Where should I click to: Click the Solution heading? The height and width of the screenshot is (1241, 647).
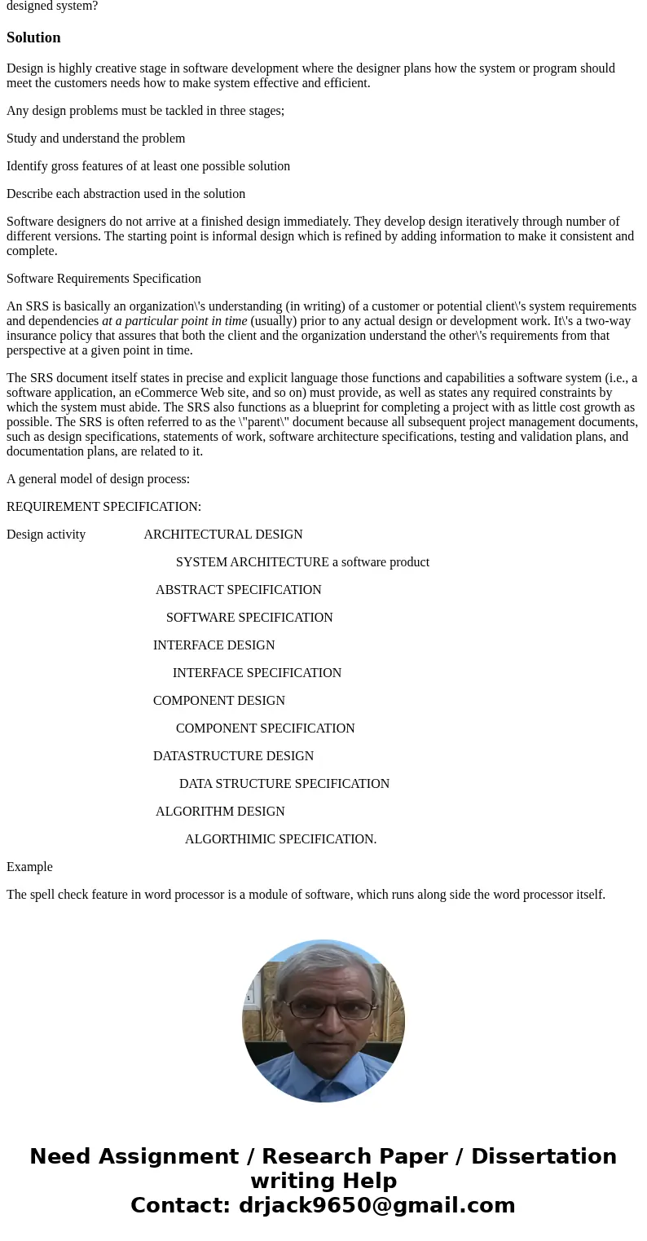pos(33,37)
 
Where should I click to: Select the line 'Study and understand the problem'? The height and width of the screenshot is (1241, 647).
pos(95,139)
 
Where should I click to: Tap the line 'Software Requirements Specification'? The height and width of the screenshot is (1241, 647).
pos(103,279)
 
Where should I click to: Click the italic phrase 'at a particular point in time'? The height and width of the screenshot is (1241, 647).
pos(174,321)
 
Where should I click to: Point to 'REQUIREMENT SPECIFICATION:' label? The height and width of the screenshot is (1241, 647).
pos(103,507)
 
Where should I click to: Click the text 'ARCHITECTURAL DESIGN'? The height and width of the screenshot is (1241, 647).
pos(222,535)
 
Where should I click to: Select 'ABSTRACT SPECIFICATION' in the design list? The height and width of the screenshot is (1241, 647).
pos(238,590)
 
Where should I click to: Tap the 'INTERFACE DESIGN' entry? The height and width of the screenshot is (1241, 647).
pos(213,645)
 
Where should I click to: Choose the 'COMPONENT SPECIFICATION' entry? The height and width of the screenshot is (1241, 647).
pos(265,728)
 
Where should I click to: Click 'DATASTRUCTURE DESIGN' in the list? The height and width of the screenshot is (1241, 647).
pos(233,756)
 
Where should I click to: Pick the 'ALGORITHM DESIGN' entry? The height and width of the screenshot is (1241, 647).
pos(220,812)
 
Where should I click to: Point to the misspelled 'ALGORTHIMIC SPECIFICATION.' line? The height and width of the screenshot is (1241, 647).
pos(280,839)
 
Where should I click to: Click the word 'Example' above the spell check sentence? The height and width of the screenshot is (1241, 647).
pos(29,867)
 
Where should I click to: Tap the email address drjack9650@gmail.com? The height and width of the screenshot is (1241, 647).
pos(376,1205)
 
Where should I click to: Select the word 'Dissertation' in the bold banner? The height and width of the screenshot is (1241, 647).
pos(544,1156)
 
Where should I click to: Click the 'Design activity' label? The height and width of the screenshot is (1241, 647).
pos(46,535)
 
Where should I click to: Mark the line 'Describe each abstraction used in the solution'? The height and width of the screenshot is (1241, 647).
pos(125,194)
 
